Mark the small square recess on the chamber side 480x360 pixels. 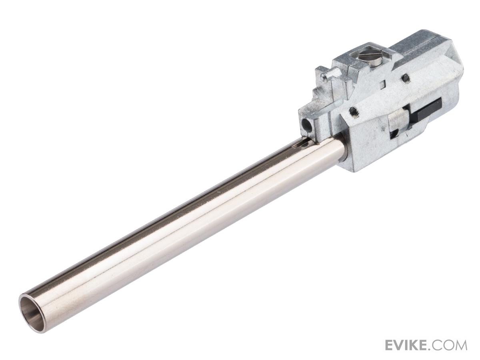point(383,84)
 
